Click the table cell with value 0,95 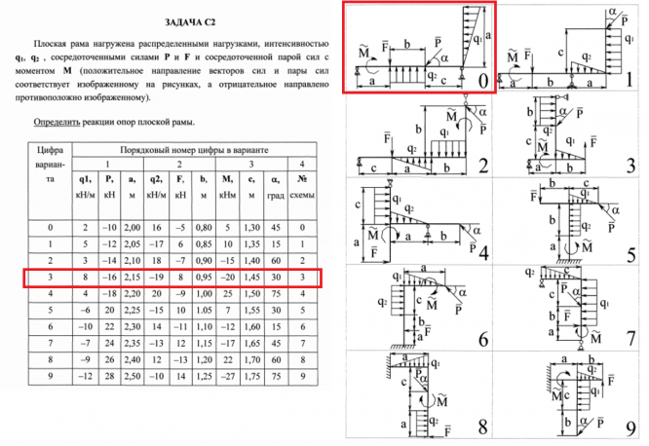[203, 278]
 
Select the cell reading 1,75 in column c [251, 375]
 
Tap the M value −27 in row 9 [227, 375]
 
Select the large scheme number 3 [630, 166]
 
